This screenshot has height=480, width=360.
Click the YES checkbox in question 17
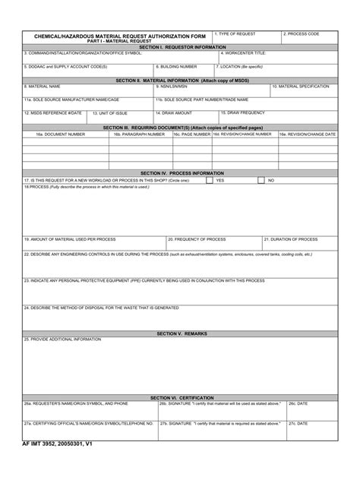(210, 181)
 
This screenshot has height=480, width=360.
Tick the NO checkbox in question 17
(261, 181)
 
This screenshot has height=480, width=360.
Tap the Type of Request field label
(235, 34)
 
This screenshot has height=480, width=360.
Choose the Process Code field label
(302, 34)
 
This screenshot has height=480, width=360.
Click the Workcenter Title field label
(243, 53)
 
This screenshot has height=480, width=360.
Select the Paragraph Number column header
(139, 134)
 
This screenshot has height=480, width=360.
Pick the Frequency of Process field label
(197, 238)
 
